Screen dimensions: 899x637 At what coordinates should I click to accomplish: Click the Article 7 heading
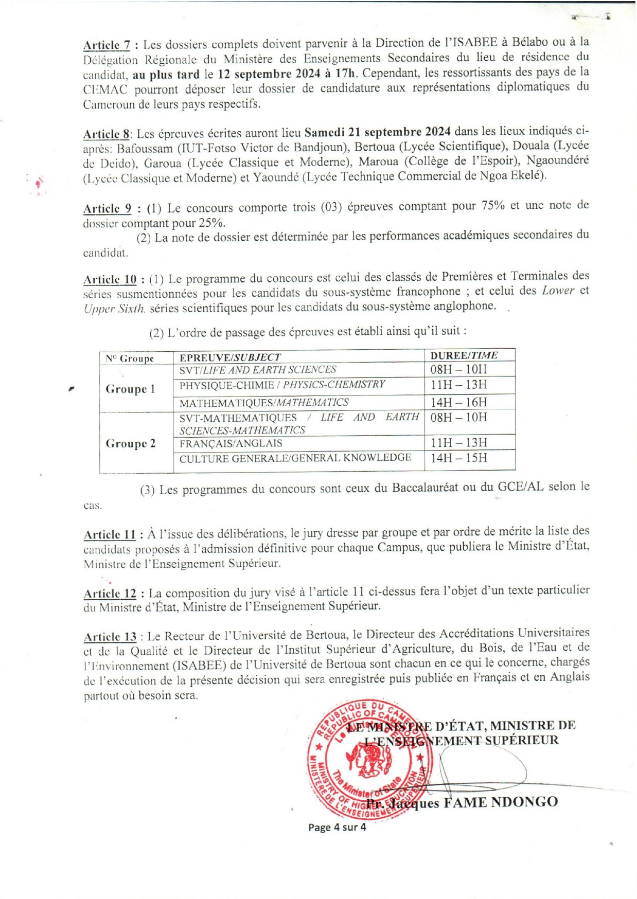point(107,45)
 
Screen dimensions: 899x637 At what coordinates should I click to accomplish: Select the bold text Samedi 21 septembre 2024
point(378,132)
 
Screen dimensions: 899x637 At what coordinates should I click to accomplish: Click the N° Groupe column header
point(130,358)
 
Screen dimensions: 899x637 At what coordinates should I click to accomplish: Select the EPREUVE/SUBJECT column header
point(230,357)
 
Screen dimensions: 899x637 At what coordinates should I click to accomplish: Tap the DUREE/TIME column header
point(464,355)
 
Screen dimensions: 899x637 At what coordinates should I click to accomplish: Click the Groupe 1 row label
point(130,389)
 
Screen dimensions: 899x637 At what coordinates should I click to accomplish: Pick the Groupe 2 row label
point(130,443)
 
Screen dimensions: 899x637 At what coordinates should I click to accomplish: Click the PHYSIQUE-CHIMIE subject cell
point(282,385)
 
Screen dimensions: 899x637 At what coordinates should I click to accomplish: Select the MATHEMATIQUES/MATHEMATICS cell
point(263,402)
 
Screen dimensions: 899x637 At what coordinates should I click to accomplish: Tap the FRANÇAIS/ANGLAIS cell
point(231,443)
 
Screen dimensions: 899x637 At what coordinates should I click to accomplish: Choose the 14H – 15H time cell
point(458,458)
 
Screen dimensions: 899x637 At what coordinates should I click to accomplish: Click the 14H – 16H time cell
point(458,402)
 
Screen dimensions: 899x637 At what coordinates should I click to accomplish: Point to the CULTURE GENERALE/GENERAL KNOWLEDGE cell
point(295,458)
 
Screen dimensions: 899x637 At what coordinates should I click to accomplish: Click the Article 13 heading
point(110,636)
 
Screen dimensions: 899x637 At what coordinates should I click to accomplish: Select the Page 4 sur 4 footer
point(337,828)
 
